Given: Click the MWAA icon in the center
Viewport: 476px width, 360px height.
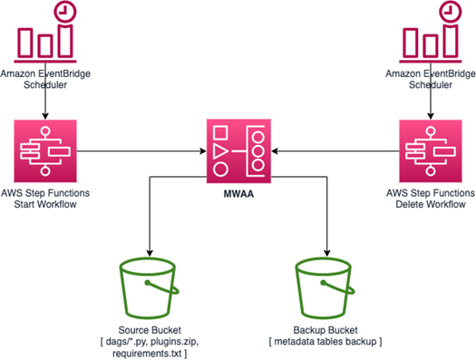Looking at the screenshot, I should [238, 151].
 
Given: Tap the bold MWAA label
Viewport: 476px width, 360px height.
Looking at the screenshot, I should [238, 193].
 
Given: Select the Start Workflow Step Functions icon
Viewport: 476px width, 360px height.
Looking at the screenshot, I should [45, 151].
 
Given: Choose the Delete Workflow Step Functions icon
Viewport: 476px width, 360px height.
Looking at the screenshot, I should [428, 151].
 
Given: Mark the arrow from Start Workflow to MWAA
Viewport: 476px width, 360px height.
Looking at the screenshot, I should [141, 151].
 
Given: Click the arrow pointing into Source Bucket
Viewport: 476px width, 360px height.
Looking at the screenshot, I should [148, 227].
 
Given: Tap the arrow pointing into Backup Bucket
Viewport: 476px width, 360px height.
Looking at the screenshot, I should [325, 227].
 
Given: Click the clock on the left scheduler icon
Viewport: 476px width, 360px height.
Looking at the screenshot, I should [65, 12].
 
